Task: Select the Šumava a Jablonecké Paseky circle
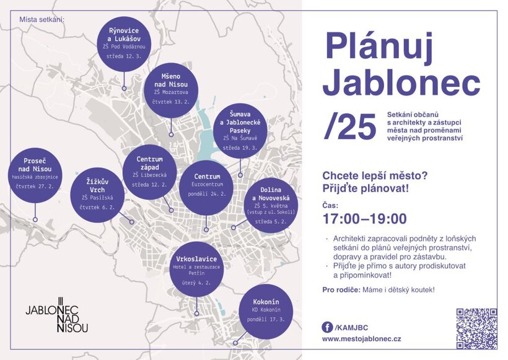[240, 131]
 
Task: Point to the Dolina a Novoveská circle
[267, 204]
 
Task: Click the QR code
[476, 328]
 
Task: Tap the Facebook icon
[326, 327]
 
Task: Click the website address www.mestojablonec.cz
[362, 340]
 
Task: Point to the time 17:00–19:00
[364, 219]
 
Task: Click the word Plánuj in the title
[383, 46]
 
